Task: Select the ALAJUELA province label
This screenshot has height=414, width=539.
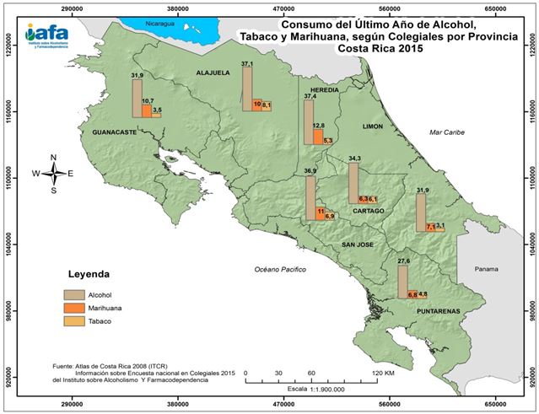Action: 213,73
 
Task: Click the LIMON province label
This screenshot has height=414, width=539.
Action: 372,126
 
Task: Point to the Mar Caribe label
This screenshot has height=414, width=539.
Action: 447,132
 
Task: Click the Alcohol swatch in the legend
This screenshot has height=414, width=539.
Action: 77,295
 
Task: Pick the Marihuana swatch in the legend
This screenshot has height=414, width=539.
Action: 77,309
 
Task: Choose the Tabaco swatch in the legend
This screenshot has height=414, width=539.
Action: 77,322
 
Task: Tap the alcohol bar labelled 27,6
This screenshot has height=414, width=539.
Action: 402,282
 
